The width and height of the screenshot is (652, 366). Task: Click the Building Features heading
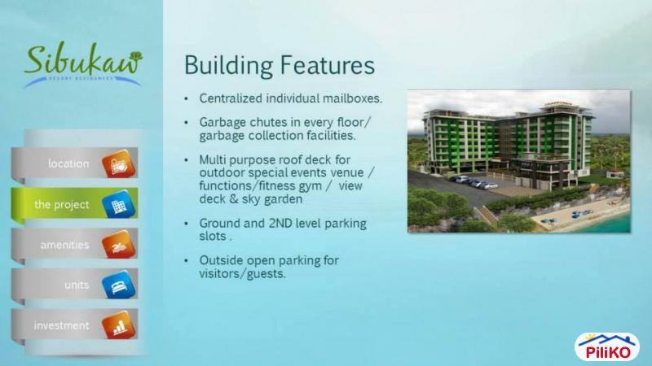pyautogui.click(x=279, y=65)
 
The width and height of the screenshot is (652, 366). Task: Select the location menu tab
pyautogui.click(x=69, y=163)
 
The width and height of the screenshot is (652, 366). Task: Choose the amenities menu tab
pyautogui.click(x=65, y=245)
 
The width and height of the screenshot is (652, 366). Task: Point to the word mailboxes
pyautogui.click(x=350, y=99)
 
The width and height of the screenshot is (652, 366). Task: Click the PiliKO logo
pyautogui.click(x=607, y=346)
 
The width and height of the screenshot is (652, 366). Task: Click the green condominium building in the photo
pyautogui.click(x=497, y=142)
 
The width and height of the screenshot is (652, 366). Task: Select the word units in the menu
pyautogui.click(x=77, y=285)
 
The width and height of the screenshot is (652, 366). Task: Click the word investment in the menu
pyautogui.click(x=61, y=325)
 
